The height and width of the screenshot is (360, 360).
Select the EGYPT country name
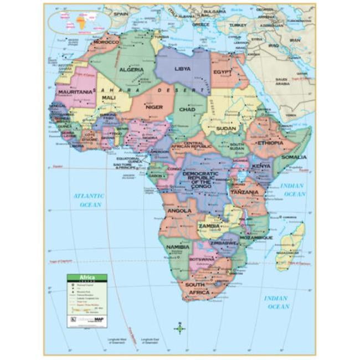tap(223, 72)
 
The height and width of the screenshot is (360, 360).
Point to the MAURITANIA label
tap(75, 91)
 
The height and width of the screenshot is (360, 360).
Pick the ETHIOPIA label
tap(270, 142)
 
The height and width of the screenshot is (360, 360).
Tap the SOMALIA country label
tap(294, 157)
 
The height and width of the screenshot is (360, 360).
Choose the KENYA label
tap(261, 166)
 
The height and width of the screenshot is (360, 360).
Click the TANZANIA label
tap(244, 192)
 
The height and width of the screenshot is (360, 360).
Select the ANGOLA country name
tap(179, 210)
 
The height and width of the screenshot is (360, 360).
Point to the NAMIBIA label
tap(178, 246)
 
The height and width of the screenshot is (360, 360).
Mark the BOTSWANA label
tap(202, 259)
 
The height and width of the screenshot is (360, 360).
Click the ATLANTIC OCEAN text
tap(89, 200)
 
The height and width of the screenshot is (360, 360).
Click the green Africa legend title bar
tap(87, 277)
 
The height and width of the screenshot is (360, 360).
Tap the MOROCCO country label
tap(106, 42)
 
